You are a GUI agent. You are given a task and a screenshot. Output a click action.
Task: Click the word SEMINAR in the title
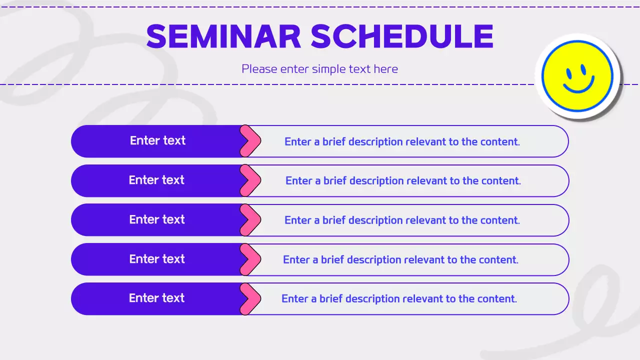(x=223, y=36)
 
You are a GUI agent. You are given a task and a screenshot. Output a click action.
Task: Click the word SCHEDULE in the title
(x=402, y=36)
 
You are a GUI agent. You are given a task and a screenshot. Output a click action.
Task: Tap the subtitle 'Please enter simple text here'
(x=319, y=69)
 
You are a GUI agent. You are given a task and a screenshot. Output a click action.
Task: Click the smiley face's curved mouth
(x=578, y=86)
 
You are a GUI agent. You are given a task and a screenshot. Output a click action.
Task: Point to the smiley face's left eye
(x=569, y=72)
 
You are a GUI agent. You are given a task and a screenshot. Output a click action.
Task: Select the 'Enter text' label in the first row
(x=157, y=140)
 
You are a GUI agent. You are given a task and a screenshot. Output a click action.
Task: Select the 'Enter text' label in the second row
(x=156, y=180)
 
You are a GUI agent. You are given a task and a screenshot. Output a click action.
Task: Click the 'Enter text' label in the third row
(x=157, y=219)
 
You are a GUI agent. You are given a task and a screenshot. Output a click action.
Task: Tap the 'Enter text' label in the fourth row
(x=157, y=259)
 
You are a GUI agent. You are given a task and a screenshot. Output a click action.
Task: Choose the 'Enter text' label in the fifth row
(x=156, y=298)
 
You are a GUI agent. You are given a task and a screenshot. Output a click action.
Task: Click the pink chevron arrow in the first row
(x=251, y=141)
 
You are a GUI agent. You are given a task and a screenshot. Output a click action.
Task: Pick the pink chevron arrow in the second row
(x=251, y=180)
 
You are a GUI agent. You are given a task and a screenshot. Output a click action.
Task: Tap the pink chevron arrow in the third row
(x=251, y=220)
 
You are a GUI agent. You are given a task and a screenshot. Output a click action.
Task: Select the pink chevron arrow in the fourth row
(x=251, y=259)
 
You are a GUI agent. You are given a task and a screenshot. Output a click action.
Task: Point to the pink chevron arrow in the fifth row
(x=251, y=299)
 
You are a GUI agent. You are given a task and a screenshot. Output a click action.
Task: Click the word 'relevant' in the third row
(x=425, y=220)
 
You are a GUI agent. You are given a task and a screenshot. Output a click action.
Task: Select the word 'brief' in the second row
(x=335, y=181)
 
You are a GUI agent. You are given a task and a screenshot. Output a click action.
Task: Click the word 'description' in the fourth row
(x=374, y=260)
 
